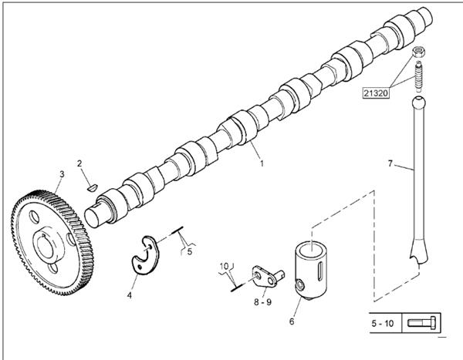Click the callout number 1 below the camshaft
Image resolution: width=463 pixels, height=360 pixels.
262,163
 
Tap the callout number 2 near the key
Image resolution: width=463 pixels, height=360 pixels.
79,163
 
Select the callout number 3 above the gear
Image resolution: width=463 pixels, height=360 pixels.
62,174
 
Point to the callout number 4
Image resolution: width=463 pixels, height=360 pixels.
130,295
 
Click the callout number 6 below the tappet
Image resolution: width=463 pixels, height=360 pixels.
292,321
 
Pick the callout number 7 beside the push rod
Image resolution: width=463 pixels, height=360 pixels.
390,163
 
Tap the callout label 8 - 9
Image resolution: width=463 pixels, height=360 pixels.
263,302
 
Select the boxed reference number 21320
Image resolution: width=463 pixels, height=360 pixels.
376,93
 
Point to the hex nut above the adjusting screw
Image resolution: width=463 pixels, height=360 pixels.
418,52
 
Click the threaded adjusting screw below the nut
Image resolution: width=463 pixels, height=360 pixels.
418,76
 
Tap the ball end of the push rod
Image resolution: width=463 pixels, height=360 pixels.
418,102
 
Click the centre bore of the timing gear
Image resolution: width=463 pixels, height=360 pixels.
45,247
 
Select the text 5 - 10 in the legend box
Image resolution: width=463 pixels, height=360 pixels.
383,324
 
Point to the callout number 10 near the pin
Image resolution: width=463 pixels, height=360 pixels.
225,266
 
